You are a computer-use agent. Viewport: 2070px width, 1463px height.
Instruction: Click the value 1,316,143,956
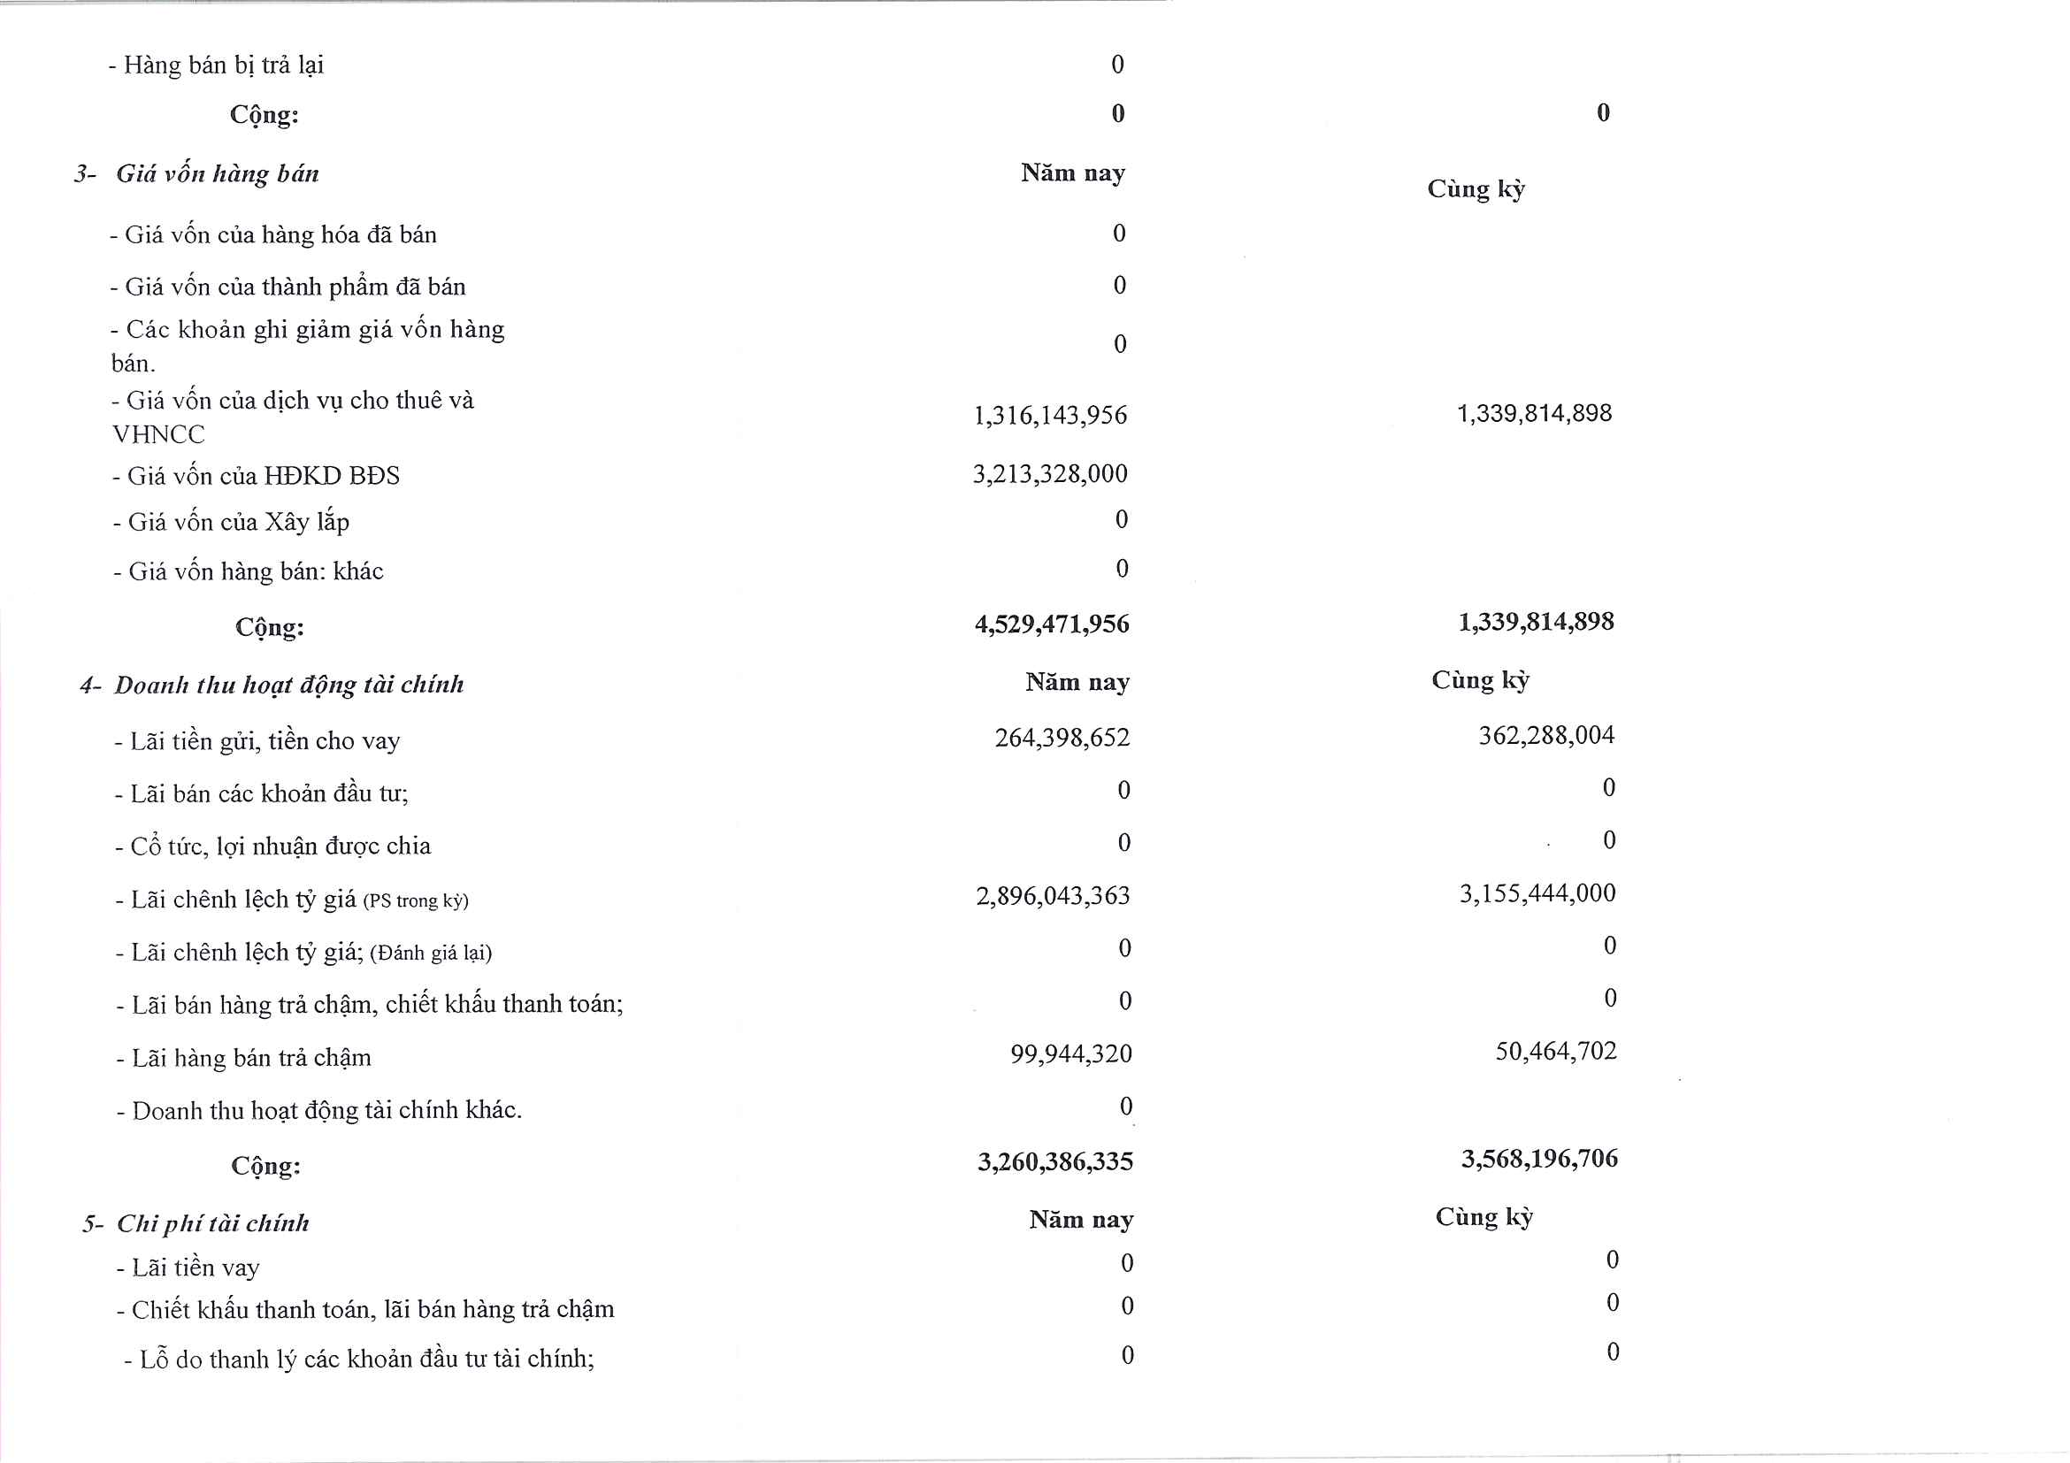click(x=1049, y=416)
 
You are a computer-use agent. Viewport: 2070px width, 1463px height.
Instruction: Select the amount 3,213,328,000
click(x=1049, y=474)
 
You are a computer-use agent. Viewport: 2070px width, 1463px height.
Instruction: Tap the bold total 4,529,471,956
click(x=1051, y=624)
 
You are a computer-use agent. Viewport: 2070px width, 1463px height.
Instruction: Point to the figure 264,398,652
click(x=1062, y=739)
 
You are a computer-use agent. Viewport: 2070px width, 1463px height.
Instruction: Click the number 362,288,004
click(x=1545, y=736)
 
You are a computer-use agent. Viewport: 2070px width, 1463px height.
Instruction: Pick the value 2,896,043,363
click(x=1052, y=896)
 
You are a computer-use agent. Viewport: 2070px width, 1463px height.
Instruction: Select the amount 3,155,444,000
click(x=1537, y=893)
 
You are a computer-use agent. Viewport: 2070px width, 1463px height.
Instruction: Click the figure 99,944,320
click(x=1070, y=1053)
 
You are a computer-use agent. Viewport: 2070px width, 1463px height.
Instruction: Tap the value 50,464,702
click(x=1555, y=1051)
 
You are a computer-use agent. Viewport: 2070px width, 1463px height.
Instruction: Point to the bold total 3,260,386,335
click(x=1054, y=1162)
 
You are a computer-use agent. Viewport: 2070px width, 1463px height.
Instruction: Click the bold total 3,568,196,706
click(x=1539, y=1160)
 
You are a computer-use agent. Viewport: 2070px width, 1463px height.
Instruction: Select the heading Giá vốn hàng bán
click(x=218, y=174)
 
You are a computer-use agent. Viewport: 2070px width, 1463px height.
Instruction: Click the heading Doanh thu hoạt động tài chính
click(x=288, y=686)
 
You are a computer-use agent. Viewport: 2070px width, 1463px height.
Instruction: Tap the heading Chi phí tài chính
click(x=213, y=1223)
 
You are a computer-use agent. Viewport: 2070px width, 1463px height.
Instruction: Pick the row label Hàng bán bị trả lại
click(x=223, y=65)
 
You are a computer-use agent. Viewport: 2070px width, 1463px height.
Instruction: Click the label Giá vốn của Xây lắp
click(x=238, y=522)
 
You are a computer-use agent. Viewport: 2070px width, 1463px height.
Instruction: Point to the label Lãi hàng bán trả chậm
click(x=250, y=1057)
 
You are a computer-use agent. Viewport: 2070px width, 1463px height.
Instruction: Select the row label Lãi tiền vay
click(x=195, y=1268)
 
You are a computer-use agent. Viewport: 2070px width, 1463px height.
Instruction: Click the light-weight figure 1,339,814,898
click(x=1534, y=414)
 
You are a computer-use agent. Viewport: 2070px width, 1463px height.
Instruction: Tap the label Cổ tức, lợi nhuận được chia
click(x=280, y=846)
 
